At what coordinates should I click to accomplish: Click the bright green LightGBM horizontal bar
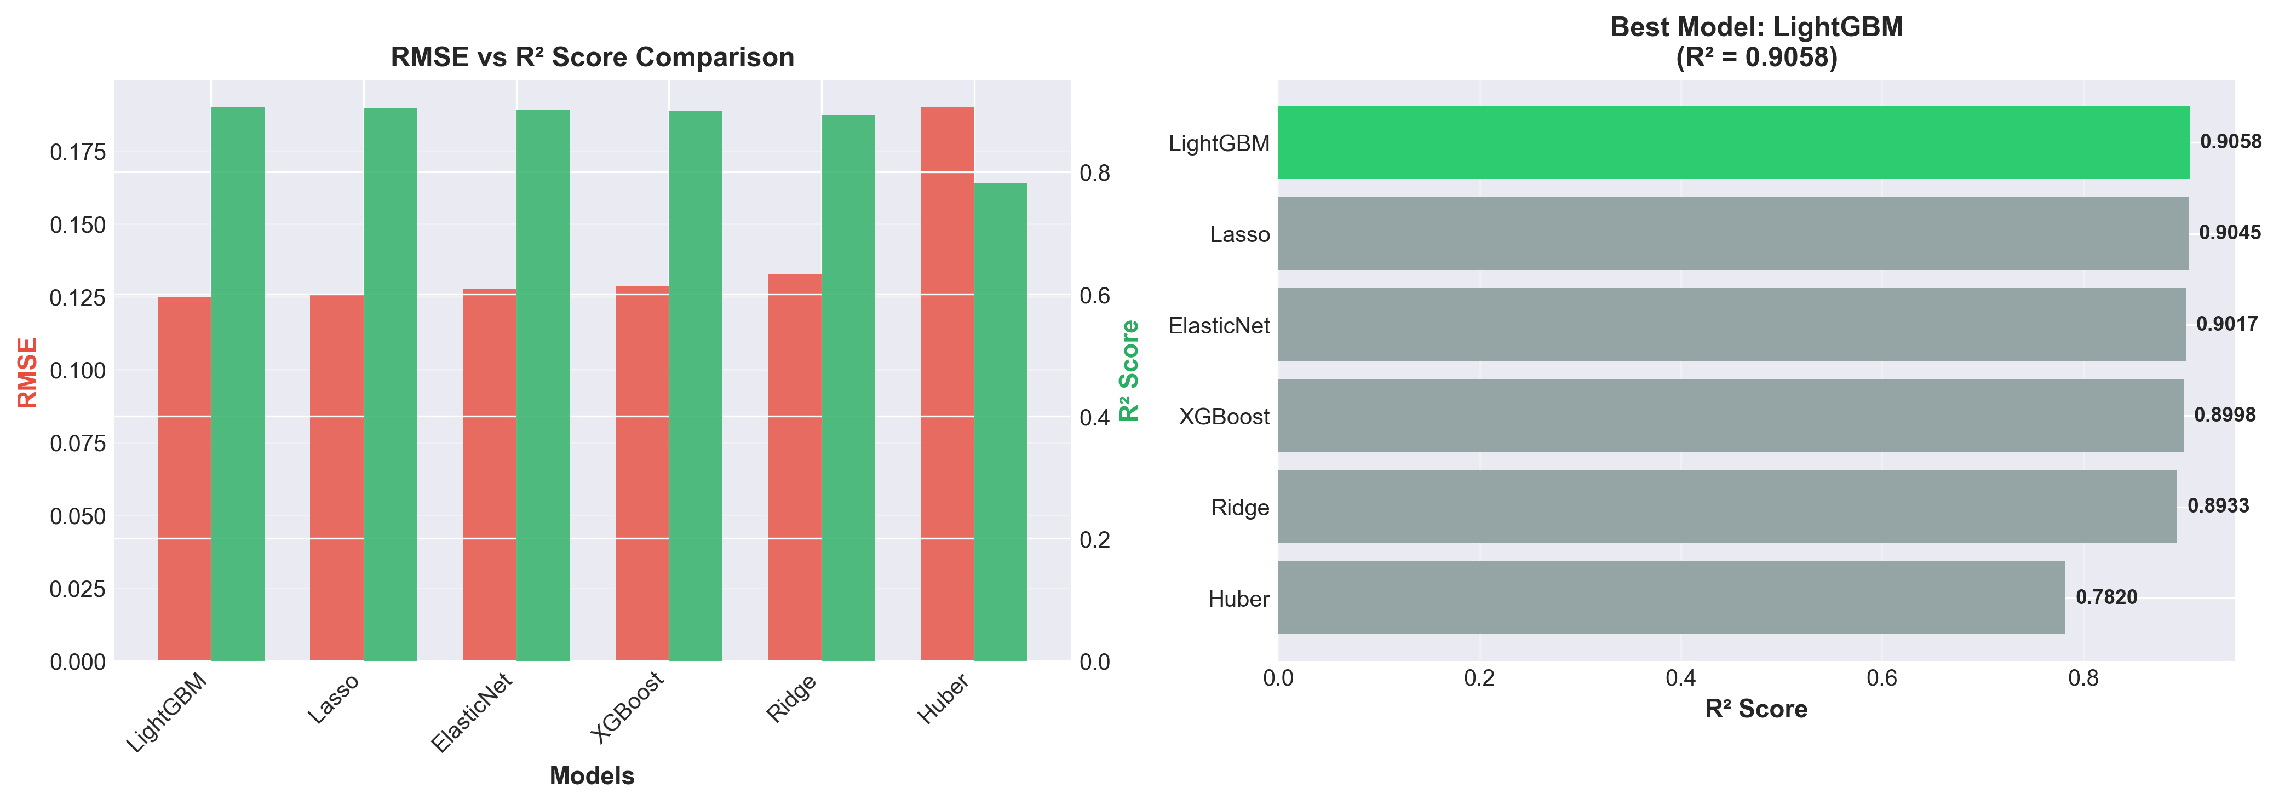click(x=1733, y=142)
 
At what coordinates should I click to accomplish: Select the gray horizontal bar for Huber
click(x=1671, y=598)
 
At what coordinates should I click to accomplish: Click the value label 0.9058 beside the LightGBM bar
click(x=2230, y=141)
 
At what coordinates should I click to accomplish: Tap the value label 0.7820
click(x=2105, y=597)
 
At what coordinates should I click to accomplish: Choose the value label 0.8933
click(x=2218, y=506)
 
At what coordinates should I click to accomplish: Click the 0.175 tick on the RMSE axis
click(x=78, y=152)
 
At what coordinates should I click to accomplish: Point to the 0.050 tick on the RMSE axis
click(x=78, y=516)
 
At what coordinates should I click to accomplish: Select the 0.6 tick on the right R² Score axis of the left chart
click(x=1094, y=296)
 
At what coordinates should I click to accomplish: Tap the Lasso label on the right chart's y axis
click(x=1239, y=234)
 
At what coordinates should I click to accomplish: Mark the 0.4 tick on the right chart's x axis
click(x=1680, y=679)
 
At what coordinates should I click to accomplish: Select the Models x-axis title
click(x=592, y=776)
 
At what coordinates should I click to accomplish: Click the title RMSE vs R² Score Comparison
click(x=592, y=58)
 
